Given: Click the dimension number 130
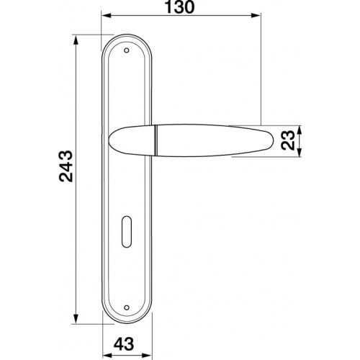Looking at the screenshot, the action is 179,7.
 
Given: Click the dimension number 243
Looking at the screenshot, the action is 66,166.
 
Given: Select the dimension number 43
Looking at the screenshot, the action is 124,344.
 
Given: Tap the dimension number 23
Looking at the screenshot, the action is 288,140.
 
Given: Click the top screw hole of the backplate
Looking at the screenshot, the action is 127,50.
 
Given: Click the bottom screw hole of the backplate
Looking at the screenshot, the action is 127,307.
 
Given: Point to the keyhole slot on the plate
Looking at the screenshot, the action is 127,232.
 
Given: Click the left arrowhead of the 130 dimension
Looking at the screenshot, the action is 107,16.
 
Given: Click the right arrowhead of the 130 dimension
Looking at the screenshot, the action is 256,16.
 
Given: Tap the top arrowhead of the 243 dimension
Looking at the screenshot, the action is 76,40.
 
